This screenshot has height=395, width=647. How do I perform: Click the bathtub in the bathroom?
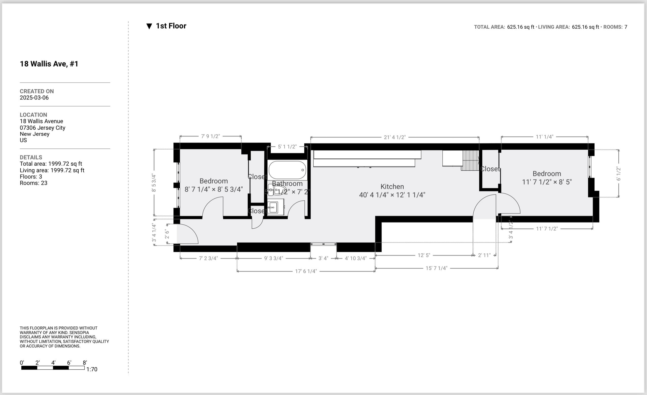287,170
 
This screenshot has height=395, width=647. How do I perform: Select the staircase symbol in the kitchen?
470,160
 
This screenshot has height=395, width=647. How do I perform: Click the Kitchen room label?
392,186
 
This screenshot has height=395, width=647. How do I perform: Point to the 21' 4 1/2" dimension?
394,137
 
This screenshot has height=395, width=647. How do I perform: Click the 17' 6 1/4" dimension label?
306,271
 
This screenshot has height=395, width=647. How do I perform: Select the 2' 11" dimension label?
484,255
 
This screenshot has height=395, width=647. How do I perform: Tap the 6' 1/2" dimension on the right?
618,174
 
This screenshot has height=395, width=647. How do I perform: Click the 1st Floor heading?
171,26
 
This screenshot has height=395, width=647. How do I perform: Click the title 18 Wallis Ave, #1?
49,64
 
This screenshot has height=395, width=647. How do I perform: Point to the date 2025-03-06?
34,97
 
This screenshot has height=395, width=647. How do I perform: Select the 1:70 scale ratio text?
92,369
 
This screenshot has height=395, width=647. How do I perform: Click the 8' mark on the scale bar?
85,363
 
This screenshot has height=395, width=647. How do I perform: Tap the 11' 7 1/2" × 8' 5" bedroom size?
547,182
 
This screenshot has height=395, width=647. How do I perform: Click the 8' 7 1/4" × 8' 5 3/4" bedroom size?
213,189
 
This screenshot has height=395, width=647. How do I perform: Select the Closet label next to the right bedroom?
490,169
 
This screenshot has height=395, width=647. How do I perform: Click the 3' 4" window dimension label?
323,258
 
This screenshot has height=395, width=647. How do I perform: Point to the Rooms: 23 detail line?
34,183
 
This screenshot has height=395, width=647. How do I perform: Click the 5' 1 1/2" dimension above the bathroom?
287,147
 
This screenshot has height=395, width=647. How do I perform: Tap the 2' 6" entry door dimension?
167,234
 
